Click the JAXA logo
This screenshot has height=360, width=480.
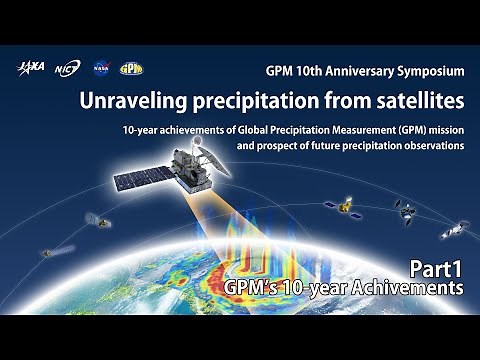pos(29,69)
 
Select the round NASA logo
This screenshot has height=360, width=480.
pos(100,69)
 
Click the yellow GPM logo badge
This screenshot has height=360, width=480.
pos(131,69)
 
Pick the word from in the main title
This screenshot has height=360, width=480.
pos(333,101)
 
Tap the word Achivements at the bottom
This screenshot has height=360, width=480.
pos(412,288)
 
